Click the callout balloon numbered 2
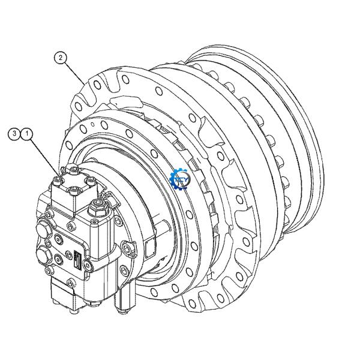tap(60, 58)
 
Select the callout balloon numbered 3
tap(15, 133)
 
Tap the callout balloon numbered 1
tap(27, 133)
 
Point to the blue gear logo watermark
tap(179, 178)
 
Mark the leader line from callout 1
tap(46, 155)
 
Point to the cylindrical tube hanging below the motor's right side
tap(124, 300)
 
